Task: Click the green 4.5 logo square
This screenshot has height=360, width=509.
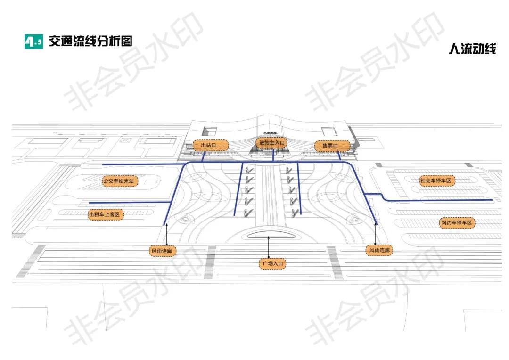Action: [33, 41]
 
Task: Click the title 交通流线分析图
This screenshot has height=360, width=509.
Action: [90, 41]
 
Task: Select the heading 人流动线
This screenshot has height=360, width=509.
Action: [472, 49]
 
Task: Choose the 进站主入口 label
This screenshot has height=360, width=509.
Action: [271, 142]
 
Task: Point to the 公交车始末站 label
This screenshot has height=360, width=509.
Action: [119, 180]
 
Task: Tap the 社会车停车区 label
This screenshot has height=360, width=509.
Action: [436, 180]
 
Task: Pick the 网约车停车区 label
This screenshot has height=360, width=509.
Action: [456, 222]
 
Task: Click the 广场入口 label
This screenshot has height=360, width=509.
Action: [272, 263]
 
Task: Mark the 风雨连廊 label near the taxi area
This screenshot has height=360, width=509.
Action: [162, 251]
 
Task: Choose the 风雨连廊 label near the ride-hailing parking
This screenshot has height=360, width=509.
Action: [379, 251]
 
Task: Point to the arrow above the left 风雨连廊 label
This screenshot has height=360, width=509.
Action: [166, 235]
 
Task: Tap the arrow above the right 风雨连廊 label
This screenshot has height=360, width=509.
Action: [375, 234]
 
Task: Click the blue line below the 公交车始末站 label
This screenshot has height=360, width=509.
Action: [127, 203]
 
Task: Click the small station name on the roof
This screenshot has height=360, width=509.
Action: [272, 133]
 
